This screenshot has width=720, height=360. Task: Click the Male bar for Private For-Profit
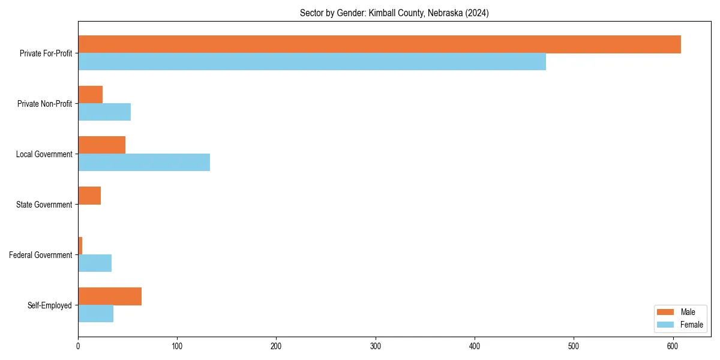click(x=379, y=44)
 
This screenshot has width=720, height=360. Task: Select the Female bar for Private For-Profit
click(x=312, y=62)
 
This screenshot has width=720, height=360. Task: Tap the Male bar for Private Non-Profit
click(x=90, y=95)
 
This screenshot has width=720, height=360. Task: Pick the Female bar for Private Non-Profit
click(x=104, y=112)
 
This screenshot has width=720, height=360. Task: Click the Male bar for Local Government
click(x=101, y=145)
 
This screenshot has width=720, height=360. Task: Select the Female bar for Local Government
click(x=144, y=163)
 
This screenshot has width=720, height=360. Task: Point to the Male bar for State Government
click(x=89, y=196)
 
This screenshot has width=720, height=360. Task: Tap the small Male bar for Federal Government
click(x=80, y=246)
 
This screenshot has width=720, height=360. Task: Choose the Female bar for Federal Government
click(x=95, y=263)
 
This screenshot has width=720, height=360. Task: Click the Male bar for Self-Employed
click(x=110, y=296)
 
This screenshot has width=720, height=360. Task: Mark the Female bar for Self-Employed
click(x=95, y=314)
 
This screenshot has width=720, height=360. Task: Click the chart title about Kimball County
click(x=394, y=13)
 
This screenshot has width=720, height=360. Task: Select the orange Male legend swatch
click(x=665, y=312)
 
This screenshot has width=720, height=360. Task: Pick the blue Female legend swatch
click(x=665, y=325)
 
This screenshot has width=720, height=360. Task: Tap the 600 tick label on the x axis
click(x=673, y=346)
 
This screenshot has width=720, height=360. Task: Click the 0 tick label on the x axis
click(x=78, y=346)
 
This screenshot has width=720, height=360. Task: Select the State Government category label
click(x=44, y=205)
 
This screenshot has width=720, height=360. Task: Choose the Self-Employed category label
click(x=49, y=305)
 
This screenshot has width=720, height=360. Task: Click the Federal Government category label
click(x=40, y=255)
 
